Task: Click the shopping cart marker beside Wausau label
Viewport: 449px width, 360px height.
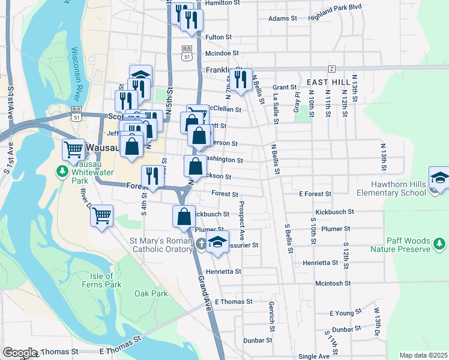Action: pyautogui.click(x=74, y=150)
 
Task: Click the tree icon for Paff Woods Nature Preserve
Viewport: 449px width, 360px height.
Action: pyautogui.click(x=439, y=244)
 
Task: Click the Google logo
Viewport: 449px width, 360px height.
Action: pyautogui.click(x=19, y=353)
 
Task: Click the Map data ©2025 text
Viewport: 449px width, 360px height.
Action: pyautogui.click(x=423, y=355)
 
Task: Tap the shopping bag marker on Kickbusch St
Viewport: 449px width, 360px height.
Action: pyautogui.click(x=184, y=217)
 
